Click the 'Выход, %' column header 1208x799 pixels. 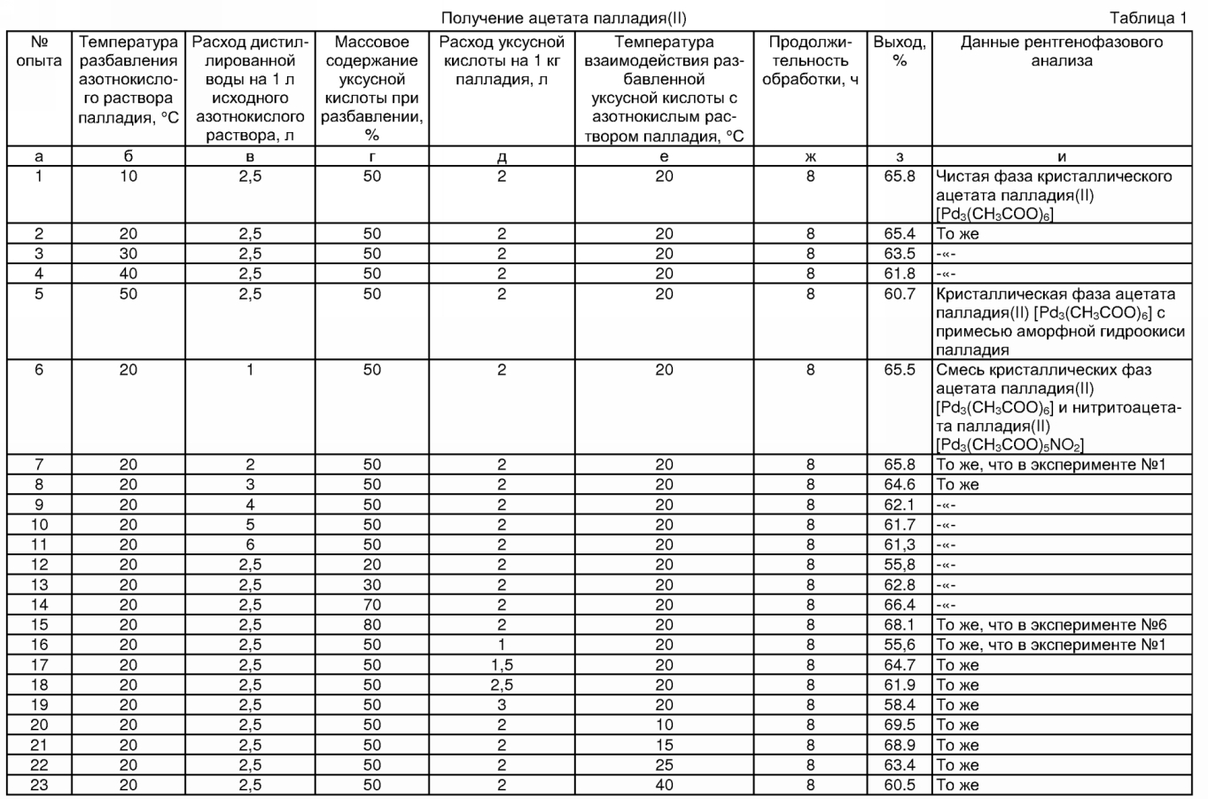(900, 51)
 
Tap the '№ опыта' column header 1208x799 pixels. (39, 51)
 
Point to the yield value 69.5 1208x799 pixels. (900, 725)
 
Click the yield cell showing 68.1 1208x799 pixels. (900, 625)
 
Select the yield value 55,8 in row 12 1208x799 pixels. (900, 565)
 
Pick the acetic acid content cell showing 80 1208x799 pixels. (372, 625)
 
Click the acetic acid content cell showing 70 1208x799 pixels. (372, 605)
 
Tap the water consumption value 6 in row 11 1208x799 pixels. (251, 544)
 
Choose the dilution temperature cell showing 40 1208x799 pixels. (129, 274)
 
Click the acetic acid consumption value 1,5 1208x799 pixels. (502, 665)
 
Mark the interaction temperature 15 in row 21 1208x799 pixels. (664, 745)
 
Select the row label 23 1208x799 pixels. (39, 785)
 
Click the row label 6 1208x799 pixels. (39, 370)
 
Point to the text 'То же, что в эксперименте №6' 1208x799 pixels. (1050, 625)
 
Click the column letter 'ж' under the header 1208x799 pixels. (811, 156)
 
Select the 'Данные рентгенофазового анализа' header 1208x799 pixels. (1061, 51)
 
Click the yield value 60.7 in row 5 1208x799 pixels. (900, 294)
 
